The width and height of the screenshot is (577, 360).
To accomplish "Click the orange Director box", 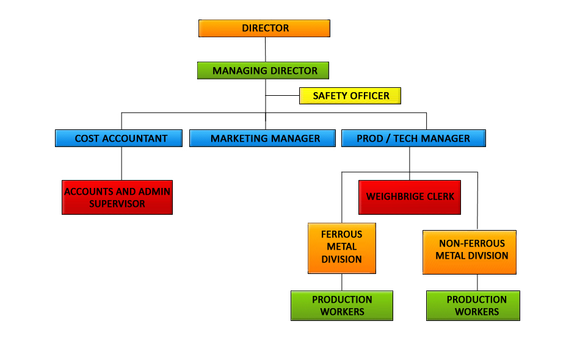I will pyautogui.click(x=264, y=28).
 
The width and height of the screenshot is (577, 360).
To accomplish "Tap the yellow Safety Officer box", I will pyautogui.click(x=350, y=96).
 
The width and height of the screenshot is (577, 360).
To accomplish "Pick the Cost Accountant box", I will pyautogui.click(x=118, y=139).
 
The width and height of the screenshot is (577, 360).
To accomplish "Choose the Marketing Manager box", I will pyautogui.click(x=263, y=139).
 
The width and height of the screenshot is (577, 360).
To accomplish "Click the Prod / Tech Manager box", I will pyautogui.click(x=413, y=139).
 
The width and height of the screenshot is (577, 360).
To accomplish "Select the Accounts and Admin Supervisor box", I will pyautogui.click(x=117, y=197).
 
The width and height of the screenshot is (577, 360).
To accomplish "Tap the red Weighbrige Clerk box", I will pyautogui.click(x=409, y=197).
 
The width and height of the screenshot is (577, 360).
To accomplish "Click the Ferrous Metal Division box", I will pyautogui.click(x=341, y=247).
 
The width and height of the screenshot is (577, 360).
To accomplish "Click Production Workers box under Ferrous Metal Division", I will pyautogui.click(x=341, y=305).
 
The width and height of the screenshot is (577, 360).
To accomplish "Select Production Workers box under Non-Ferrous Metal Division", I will pyautogui.click(x=473, y=305).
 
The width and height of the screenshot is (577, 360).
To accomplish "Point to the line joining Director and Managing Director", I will pyautogui.click(x=265, y=49).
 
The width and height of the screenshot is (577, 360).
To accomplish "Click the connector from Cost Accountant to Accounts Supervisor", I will pyautogui.click(x=121, y=163).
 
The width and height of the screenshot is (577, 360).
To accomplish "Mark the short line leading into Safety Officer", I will pyautogui.click(x=282, y=96).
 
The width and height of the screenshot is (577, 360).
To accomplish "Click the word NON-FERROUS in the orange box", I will pyautogui.click(x=472, y=243).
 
